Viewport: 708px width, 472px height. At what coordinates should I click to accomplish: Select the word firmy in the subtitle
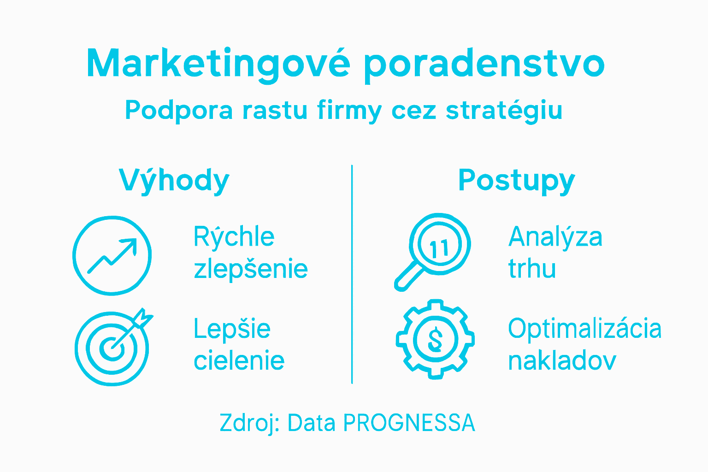pyautogui.click(x=349, y=111)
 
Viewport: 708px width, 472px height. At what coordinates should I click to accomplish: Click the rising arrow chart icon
pyautogui.click(x=112, y=255)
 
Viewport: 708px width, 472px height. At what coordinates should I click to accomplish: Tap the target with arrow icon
pyautogui.click(x=113, y=347)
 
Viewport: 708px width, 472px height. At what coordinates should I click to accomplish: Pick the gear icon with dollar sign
pyautogui.click(x=435, y=339)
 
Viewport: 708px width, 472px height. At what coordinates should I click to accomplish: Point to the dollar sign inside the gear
pyautogui.click(x=435, y=339)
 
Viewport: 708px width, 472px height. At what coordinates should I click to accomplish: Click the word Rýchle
pyautogui.click(x=234, y=237)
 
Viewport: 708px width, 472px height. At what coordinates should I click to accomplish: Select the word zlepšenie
pyautogui.click(x=251, y=269)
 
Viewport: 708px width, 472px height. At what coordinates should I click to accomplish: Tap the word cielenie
pyautogui.click(x=239, y=360)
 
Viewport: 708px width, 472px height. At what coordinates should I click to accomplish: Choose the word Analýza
pyautogui.click(x=555, y=237)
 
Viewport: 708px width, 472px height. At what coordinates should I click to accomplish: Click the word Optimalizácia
pyautogui.click(x=584, y=329)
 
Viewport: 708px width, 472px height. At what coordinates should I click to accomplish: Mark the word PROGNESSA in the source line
pyautogui.click(x=409, y=423)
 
